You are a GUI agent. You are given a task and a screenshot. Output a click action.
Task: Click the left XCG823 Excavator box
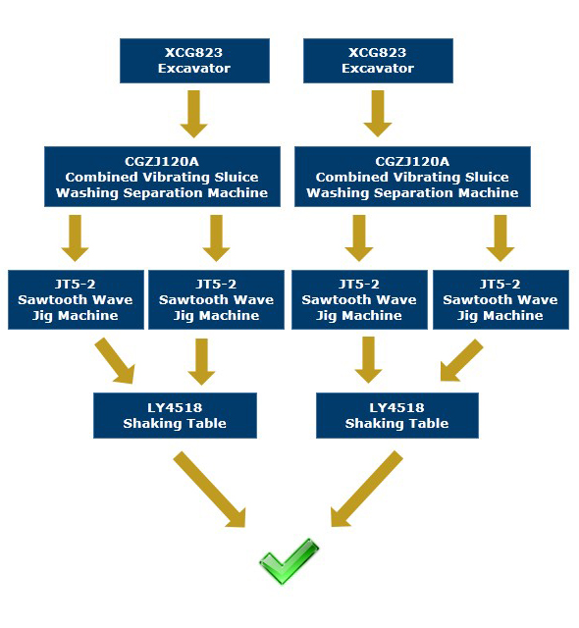coord(194,61)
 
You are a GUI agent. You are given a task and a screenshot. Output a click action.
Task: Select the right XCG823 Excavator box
coord(378,61)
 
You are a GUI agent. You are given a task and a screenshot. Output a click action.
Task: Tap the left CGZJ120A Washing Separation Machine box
coord(162,177)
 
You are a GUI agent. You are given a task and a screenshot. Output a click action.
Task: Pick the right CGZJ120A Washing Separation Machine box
coord(412,177)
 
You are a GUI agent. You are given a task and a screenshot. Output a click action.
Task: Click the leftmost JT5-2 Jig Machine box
coord(76,300)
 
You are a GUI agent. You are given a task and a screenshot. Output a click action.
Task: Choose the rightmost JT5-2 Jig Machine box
coord(500,300)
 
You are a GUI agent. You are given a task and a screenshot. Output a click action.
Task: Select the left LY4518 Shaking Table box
coord(175,415)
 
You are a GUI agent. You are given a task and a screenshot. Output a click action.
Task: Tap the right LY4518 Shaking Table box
coord(397,415)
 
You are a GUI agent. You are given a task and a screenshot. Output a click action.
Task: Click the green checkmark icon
coord(289,561)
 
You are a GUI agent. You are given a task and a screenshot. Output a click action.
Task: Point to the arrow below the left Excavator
coord(194,114)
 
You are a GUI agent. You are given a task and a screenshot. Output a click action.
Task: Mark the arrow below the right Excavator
coord(378,114)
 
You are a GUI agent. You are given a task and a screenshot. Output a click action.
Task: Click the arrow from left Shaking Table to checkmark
coord(209,490)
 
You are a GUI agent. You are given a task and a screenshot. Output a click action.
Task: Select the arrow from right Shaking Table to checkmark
coord(367,489)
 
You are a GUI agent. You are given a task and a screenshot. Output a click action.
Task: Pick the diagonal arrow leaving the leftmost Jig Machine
coord(115,361)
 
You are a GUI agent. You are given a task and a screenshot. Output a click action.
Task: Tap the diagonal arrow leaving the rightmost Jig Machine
coord(461,360)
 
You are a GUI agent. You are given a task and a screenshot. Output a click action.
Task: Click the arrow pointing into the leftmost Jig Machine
coord(75,237)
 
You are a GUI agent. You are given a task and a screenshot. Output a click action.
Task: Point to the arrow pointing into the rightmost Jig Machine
coord(500,237)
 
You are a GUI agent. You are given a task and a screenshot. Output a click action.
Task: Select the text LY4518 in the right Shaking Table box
coord(396,408)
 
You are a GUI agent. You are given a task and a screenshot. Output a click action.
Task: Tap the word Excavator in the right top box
coord(378,69)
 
